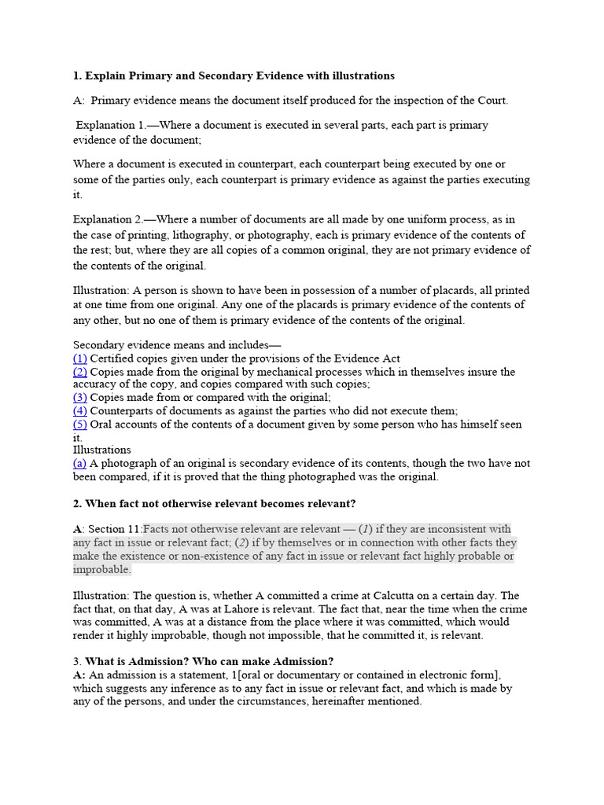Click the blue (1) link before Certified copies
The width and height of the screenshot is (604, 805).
pyautogui.click(x=80, y=358)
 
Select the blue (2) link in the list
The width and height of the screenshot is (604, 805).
pyautogui.click(x=80, y=372)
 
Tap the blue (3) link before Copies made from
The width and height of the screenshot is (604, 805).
pyautogui.click(x=80, y=398)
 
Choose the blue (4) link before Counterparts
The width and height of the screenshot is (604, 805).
pyautogui.click(x=80, y=411)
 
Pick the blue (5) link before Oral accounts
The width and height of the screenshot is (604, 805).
pyautogui.click(x=80, y=425)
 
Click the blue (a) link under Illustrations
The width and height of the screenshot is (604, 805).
pyautogui.click(x=80, y=464)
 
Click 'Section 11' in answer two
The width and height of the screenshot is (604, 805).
pyautogui.click(x=115, y=529)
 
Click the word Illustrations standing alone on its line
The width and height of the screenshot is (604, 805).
pyautogui.click(x=102, y=450)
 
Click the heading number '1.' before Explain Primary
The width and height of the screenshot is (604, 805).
pyautogui.click(x=77, y=76)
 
